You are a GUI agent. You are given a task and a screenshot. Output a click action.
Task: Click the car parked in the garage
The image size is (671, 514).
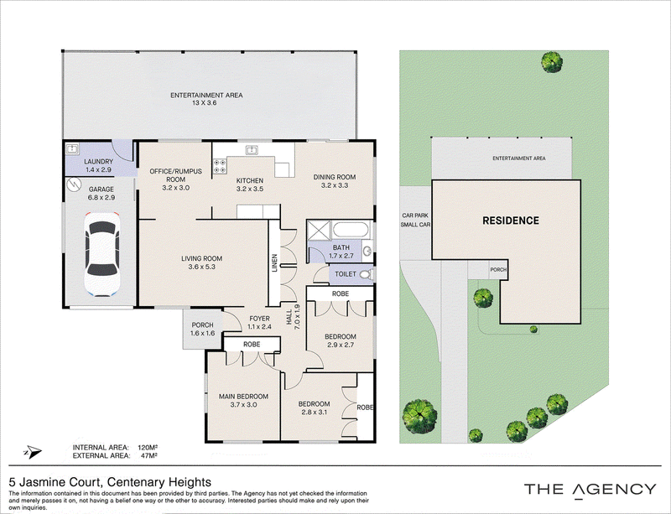click(102, 254)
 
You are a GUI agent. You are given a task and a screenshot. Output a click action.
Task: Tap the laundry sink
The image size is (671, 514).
click(72, 149)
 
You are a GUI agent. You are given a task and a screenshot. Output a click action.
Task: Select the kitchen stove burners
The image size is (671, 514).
click(220, 166)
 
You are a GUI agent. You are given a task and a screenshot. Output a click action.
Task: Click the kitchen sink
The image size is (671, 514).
click(251, 150)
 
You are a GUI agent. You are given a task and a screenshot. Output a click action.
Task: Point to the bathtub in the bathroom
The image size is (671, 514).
click(351, 230)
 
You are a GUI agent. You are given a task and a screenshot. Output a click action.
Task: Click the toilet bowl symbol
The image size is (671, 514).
click(365, 274)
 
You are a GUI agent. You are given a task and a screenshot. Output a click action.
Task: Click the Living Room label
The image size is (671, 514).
click(201, 262)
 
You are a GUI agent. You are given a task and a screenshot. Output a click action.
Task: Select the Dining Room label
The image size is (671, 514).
click(334, 181)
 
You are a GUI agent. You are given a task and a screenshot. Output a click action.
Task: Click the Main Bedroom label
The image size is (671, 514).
click(243, 400)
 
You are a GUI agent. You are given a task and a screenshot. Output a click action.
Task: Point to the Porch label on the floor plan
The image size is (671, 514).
click(202, 329)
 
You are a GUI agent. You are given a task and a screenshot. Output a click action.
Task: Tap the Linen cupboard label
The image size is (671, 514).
click(275, 262)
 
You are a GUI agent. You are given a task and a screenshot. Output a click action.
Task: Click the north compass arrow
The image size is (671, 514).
click(33, 451)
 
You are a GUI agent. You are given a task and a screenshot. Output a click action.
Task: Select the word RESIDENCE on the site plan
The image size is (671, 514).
click(511, 221)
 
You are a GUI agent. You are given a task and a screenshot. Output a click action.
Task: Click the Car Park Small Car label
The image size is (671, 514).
click(415, 220)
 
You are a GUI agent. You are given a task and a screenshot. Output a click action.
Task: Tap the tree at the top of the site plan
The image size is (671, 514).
click(552, 62)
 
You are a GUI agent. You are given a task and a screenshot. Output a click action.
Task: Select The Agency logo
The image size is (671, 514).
click(590, 490)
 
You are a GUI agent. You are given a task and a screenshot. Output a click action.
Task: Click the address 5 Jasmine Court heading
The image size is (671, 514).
click(110, 482)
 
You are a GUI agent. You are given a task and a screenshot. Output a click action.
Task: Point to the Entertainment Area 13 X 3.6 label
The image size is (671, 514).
click(206, 99)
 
